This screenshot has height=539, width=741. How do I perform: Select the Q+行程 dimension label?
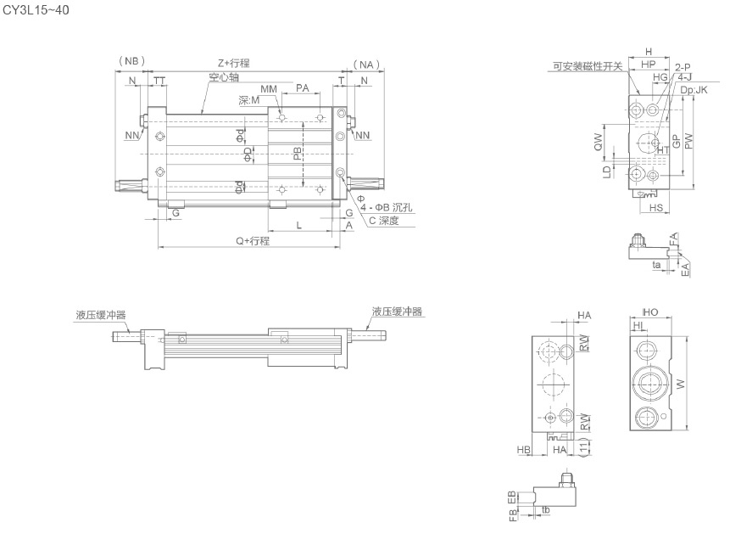coord(253,241)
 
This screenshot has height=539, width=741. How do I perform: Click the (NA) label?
coord(365,63)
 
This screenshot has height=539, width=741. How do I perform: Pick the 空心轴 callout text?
coord(224,77)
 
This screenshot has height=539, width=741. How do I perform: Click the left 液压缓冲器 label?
coord(101,314)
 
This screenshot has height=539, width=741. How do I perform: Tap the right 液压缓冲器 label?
coord(396,312)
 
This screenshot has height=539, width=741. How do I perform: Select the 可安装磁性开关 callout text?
coord(588,65)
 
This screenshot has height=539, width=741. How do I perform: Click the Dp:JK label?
coord(694,88)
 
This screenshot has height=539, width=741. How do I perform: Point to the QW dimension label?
coord(599,140)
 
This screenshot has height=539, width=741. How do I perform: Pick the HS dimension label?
coord(655,208)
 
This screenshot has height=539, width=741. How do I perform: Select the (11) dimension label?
coord(583,445)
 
